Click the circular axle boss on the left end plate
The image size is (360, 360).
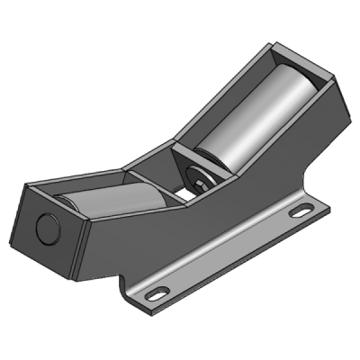tap(46, 227)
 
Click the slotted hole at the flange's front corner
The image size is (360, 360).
tap(158, 293)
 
